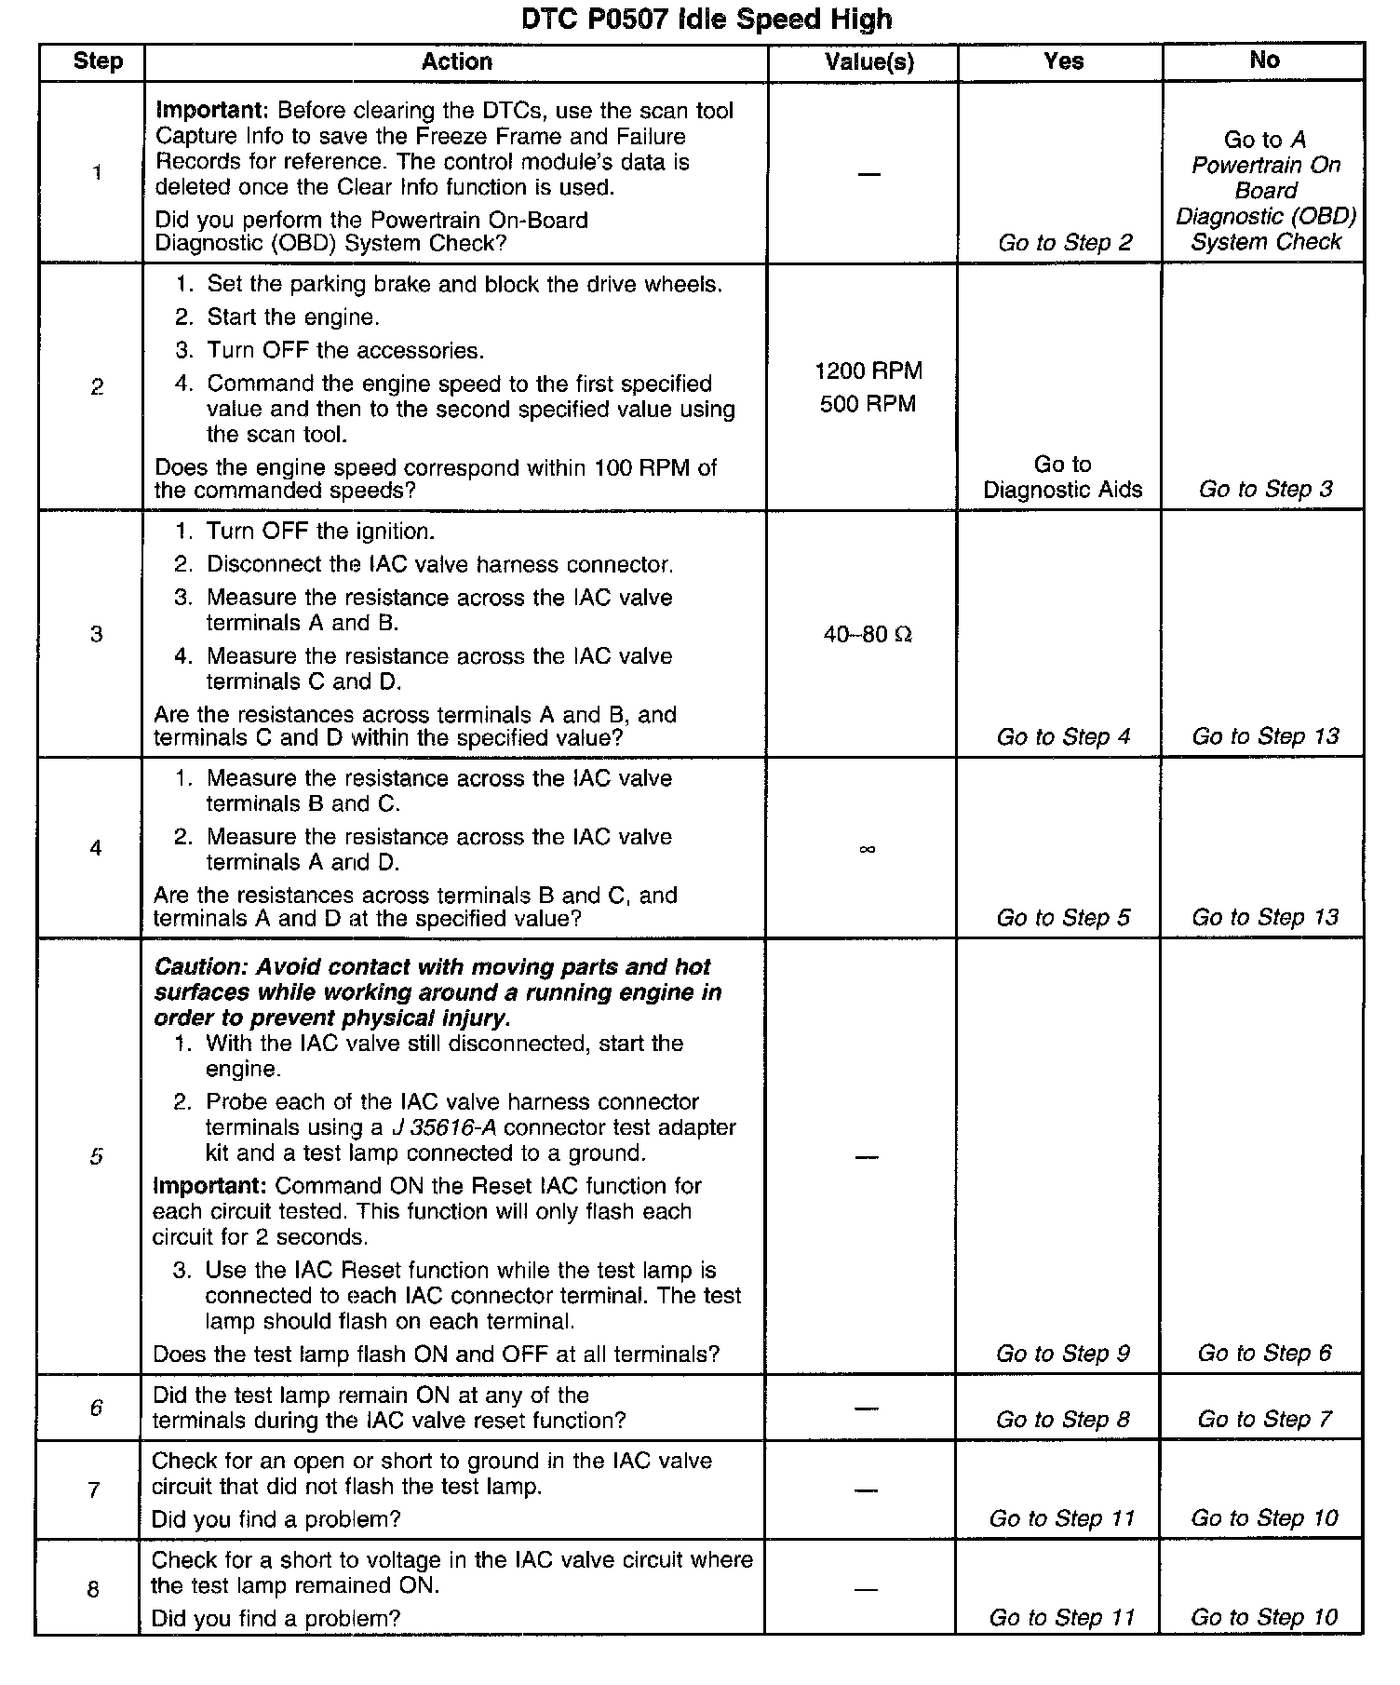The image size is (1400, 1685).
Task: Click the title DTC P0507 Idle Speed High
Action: (707, 19)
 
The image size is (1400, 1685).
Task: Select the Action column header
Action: (456, 61)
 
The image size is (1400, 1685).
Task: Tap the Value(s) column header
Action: (869, 61)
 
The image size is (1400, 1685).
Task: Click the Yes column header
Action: (1063, 61)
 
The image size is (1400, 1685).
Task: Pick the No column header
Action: (1264, 61)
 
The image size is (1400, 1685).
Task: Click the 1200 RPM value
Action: (868, 371)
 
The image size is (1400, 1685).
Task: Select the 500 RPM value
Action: (868, 404)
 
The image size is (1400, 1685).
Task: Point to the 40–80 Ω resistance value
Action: (868, 635)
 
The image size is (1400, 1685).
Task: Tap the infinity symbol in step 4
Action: (867, 848)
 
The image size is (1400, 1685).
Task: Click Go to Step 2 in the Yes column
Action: (1065, 243)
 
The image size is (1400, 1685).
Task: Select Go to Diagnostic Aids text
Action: (1063, 478)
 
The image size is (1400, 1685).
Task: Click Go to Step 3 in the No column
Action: (1265, 489)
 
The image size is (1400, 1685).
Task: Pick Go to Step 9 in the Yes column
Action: (1063, 1354)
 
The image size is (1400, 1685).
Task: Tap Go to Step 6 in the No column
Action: (1264, 1353)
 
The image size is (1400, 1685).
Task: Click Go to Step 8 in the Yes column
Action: (1063, 1420)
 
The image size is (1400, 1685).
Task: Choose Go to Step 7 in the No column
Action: (1264, 1419)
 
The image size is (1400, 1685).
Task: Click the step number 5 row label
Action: (96, 1156)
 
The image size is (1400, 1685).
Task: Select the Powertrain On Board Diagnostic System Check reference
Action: (1266, 191)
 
